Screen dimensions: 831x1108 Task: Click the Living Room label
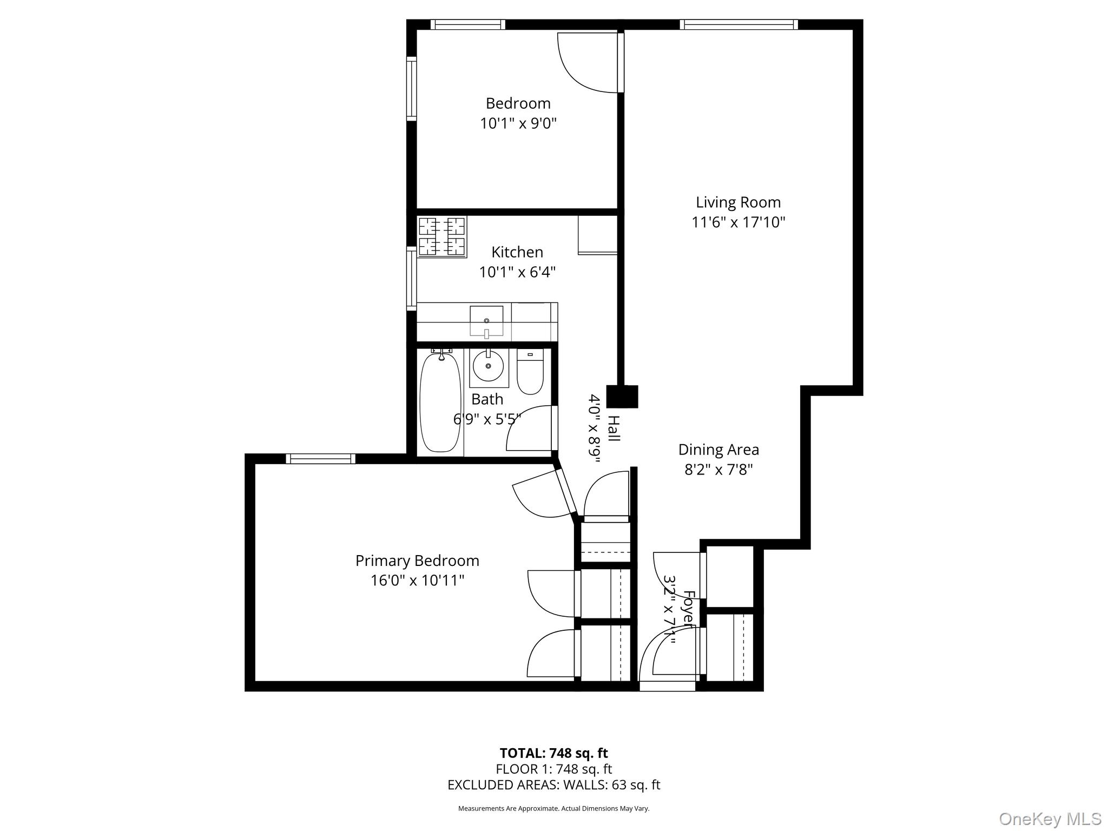pyautogui.click(x=738, y=202)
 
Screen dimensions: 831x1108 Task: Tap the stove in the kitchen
pyautogui.click(x=442, y=236)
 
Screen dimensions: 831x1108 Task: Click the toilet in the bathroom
pyautogui.click(x=530, y=372)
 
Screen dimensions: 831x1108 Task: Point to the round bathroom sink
pyautogui.click(x=489, y=366)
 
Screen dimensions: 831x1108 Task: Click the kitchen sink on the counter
pyautogui.click(x=486, y=320)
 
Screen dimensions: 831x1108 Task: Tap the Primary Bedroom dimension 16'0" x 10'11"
pyautogui.click(x=417, y=581)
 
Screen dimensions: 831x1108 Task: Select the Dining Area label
pyautogui.click(x=718, y=450)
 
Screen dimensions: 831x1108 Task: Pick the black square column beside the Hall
pyautogui.click(x=622, y=397)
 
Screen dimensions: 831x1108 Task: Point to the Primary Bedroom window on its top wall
pyautogui.click(x=320, y=459)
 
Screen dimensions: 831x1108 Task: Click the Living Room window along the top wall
pyautogui.click(x=738, y=24)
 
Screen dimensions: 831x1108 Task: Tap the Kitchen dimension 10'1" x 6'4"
pyautogui.click(x=517, y=272)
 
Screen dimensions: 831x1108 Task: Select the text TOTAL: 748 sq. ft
pyautogui.click(x=553, y=753)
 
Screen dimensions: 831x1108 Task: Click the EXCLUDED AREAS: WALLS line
pyautogui.click(x=553, y=785)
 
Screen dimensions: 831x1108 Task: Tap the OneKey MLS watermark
pyautogui.click(x=1050, y=819)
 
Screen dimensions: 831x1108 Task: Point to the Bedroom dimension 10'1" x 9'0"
pyautogui.click(x=518, y=124)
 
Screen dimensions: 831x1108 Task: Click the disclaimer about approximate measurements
pyautogui.click(x=553, y=808)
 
